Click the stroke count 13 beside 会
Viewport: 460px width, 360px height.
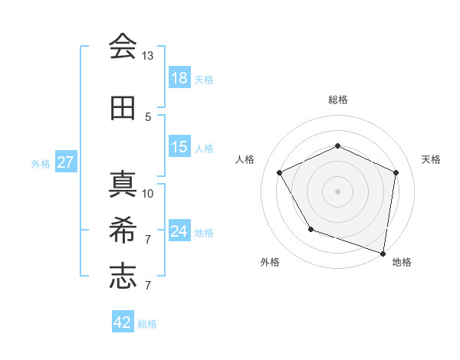[147, 56]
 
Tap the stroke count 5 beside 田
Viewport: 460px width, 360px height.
[148, 117]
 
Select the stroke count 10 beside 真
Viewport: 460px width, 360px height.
[148, 193]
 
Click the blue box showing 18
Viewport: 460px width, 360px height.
[179, 78]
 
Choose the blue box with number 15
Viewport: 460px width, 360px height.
[179, 147]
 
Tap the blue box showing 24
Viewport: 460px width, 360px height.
[179, 231]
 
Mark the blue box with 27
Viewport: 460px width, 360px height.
[65, 162]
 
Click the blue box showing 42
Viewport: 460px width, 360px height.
[123, 322]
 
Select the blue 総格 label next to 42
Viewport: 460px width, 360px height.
[147, 324]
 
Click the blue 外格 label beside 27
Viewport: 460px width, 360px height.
[41, 163]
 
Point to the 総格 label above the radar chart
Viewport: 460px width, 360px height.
[338, 100]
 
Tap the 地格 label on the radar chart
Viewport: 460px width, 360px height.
[402, 262]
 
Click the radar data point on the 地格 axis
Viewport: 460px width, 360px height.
[383, 252]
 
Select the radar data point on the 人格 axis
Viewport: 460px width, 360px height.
[280, 172]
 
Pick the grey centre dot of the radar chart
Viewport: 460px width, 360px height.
[337, 191]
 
